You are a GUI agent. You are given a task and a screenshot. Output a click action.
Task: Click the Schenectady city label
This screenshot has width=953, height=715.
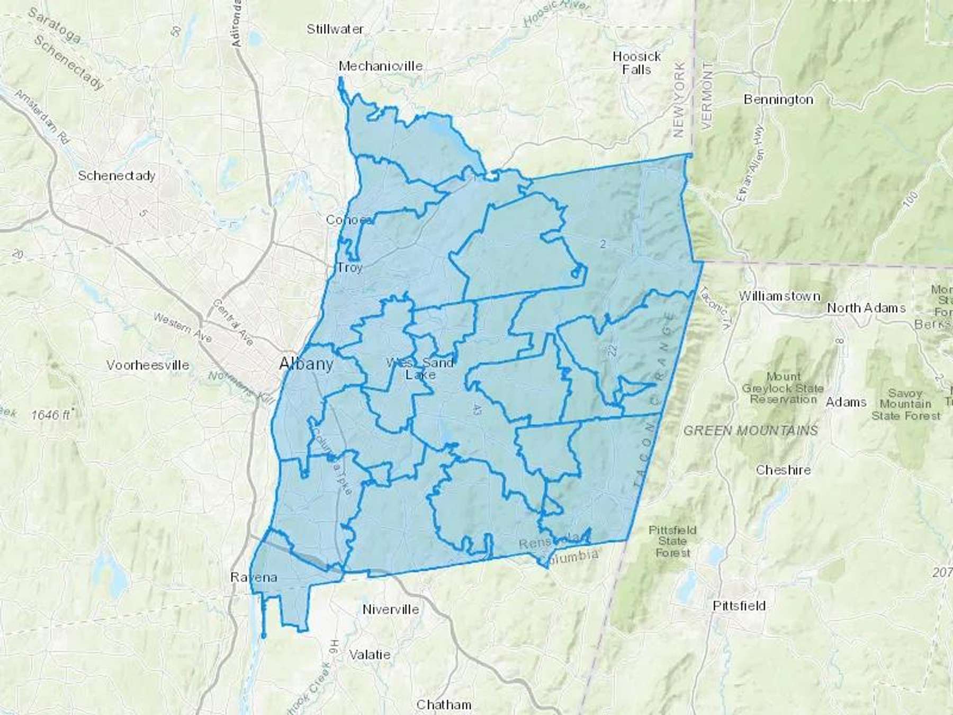pos(116,175)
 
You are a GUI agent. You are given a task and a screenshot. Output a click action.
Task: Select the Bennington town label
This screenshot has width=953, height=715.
pos(778,99)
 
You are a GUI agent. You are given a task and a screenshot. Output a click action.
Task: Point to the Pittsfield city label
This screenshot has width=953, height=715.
pos(739,605)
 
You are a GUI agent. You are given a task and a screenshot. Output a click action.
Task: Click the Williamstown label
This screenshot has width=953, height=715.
pos(779,296)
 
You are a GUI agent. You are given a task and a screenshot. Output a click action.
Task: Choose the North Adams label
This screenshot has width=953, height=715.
pos(866,308)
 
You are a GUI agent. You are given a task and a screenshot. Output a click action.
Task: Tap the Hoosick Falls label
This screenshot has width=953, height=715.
pos(636,62)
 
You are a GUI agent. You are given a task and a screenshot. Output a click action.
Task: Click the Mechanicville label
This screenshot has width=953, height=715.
pos(381,66)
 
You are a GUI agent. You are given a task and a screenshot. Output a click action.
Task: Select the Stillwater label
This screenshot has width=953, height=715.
pos(335,29)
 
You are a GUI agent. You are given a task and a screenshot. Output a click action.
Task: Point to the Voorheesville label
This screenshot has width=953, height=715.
pos(148,365)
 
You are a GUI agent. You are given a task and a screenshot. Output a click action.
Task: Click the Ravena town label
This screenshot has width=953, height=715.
pos(254,577)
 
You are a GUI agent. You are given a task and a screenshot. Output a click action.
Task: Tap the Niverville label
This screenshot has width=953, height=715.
pos(391,609)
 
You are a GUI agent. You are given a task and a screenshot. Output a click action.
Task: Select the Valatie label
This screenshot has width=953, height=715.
pos(370,655)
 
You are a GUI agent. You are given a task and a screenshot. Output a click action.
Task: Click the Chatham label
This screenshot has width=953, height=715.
pos(444,704)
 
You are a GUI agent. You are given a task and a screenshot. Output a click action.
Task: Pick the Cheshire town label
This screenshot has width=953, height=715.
pos(783,470)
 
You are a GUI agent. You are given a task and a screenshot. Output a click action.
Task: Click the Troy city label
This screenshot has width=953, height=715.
pos(350,267)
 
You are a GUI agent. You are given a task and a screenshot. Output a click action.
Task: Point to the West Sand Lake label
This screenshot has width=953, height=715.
pos(420,369)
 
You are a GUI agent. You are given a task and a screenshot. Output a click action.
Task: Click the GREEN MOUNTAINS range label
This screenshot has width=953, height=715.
pos(750,431)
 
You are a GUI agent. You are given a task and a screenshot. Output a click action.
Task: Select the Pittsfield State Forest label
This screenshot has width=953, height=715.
pos(672,541)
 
